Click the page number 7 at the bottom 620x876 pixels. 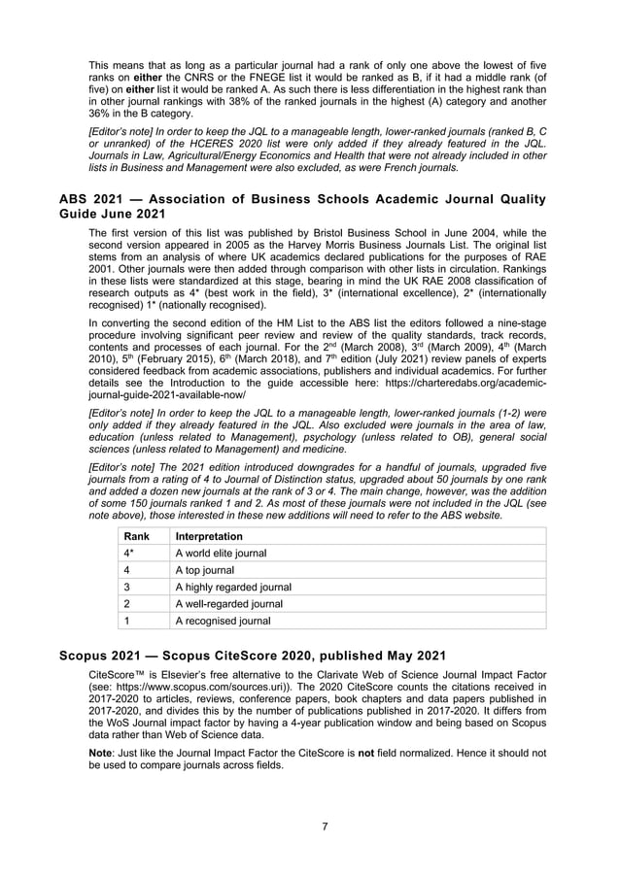coord(325,826)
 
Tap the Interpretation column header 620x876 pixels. coord(209,537)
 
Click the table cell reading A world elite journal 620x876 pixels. coord(221,554)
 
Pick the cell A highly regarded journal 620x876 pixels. coord(232,587)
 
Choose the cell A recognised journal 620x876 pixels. coord(223,621)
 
